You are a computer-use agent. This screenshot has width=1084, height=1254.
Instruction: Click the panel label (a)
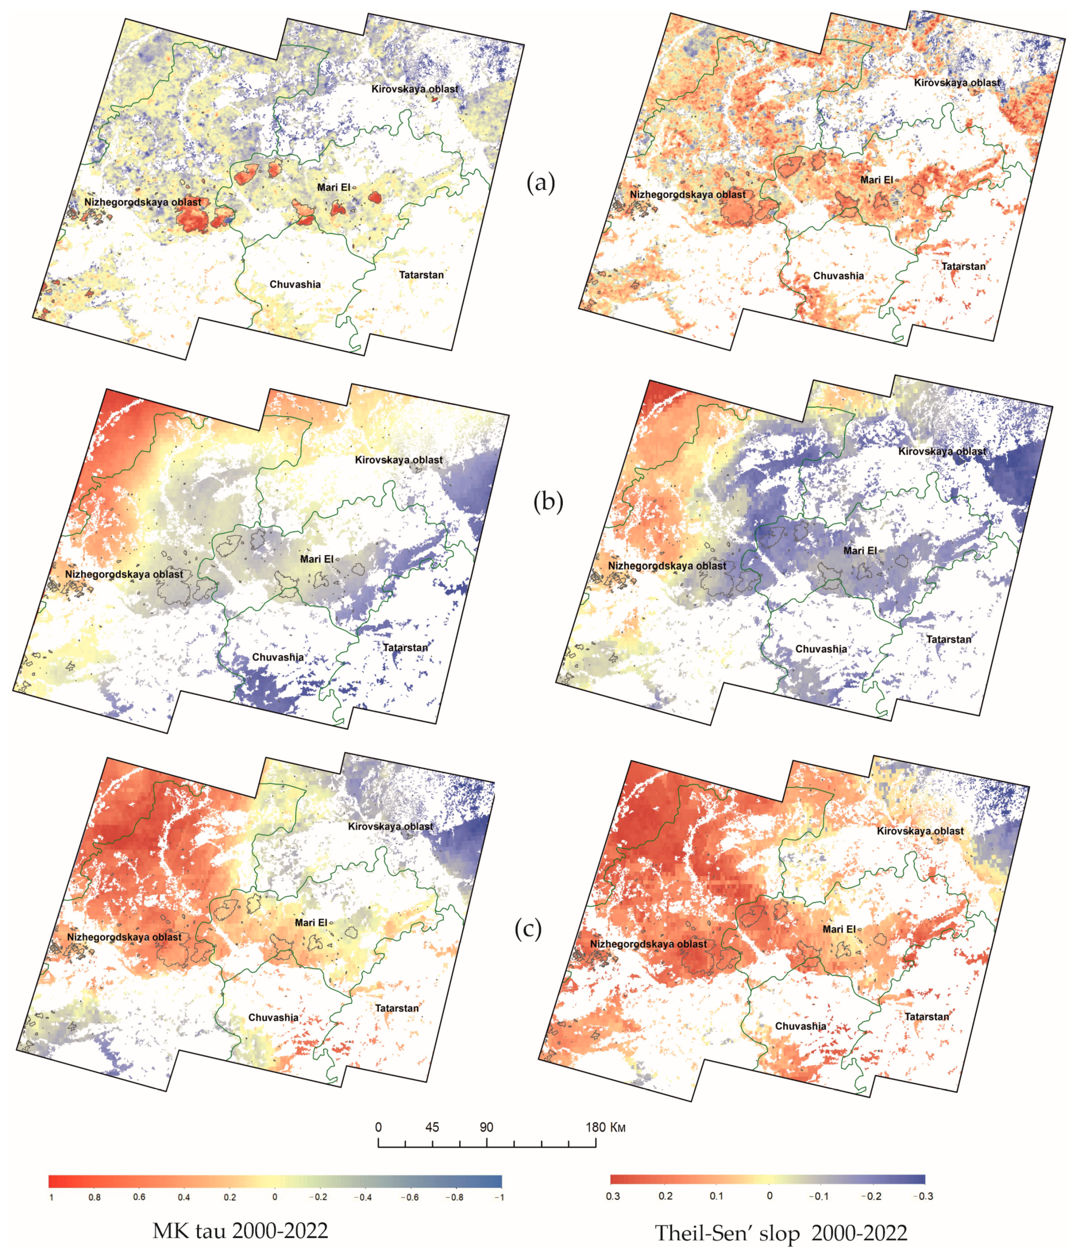(x=540, y=183)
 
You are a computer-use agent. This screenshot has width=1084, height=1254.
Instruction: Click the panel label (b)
(x=548, y=502)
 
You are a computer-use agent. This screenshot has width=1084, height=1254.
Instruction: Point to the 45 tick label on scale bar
(x=432, y=1127)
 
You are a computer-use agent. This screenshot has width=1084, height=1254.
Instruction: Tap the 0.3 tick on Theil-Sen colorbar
(x=613, y=1196)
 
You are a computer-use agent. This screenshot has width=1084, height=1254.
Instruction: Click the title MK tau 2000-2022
(x=240, y=1230)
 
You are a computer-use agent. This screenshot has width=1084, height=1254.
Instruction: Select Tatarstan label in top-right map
(x=963, y=266)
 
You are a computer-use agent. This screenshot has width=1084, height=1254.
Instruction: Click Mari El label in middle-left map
(x=317, y=559)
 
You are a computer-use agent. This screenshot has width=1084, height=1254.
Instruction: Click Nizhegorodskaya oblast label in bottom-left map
(x=124, y=937)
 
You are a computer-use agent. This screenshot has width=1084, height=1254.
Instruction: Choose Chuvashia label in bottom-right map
(x=800, y=1026)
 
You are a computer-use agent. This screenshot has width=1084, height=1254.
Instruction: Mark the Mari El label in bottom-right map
(x=839, y=929)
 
